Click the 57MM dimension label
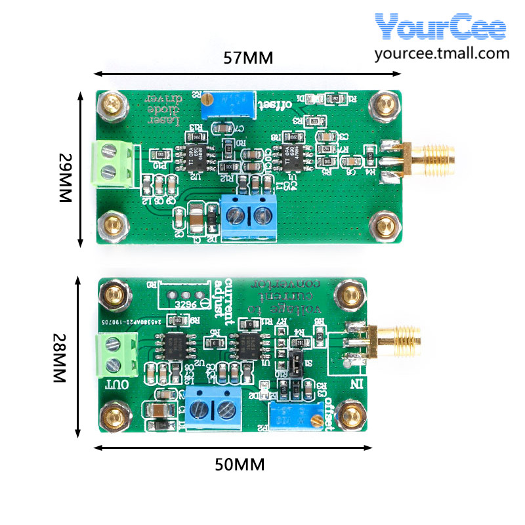(x=248, y=58)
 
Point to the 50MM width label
(x=240, y=465)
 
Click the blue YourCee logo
(x=441, y=28)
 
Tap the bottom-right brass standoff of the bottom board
(x=352, y=415)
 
